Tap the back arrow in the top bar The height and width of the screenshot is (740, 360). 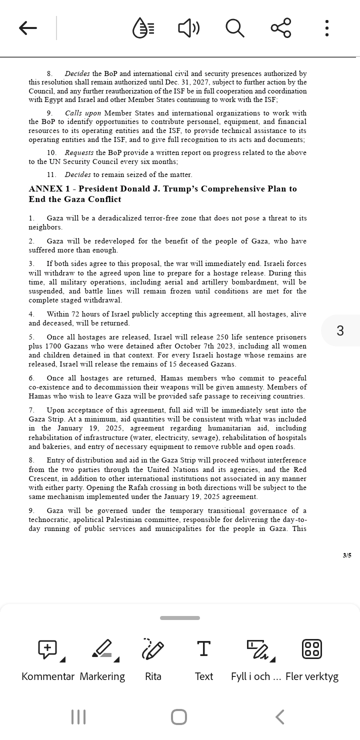(28, 28)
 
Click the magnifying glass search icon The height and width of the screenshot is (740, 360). (234, 28)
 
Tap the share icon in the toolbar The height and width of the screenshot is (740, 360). (281, 28)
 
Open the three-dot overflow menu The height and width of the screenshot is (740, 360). (326, 28)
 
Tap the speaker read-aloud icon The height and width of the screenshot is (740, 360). (188, 28)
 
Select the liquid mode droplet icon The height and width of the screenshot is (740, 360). (143, 28)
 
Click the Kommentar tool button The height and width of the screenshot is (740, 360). (48, 649)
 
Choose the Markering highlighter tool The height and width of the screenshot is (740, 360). (102, 649)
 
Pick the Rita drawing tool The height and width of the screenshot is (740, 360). (153, 649)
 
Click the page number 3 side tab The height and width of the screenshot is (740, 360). (340, 330)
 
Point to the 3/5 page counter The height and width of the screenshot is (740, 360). (347, 555)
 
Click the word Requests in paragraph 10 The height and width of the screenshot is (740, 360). (79, 152)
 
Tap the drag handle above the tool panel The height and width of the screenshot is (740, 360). (180, 618)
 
